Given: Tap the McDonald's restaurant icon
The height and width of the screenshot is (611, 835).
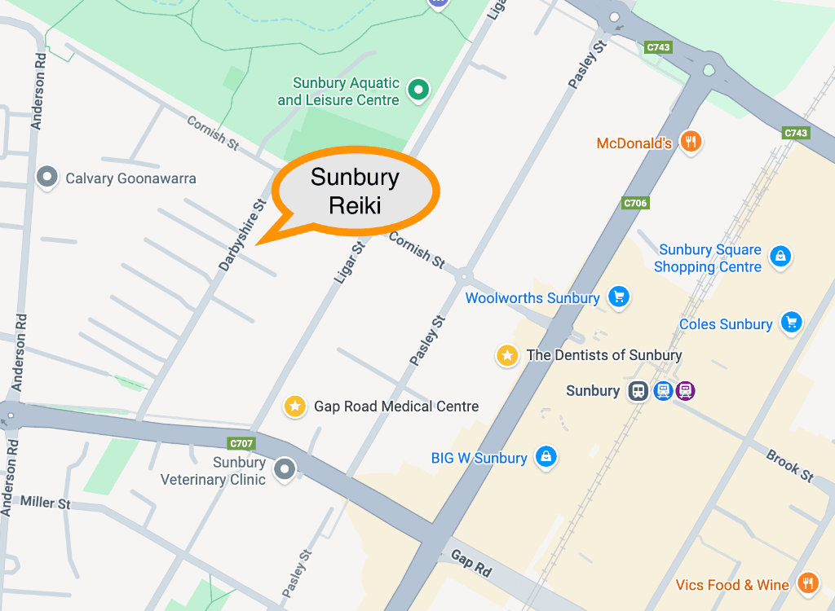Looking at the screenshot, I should click(691, 143).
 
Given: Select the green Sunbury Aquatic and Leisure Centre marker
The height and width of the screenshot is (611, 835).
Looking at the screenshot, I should click(419, 90).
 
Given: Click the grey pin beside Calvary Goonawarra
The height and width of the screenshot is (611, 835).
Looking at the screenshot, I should click(47, 177).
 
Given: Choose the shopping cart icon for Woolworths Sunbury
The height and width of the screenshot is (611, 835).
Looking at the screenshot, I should click(619, 297).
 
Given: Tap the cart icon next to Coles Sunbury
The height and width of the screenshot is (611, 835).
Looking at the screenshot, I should click(791, 323).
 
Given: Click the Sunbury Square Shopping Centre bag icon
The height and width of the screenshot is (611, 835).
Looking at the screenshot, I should click(780, 257).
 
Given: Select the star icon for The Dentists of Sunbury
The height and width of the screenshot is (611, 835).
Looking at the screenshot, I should click(507, 355).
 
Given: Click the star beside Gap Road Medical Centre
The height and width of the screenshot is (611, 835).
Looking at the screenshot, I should click(294, 406).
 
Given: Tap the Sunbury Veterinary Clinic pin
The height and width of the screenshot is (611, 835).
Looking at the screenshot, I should click(284, 468).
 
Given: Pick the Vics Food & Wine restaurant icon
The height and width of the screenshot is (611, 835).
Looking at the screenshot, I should click(807, 583).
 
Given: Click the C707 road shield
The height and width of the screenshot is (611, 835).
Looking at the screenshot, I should click(242, 444).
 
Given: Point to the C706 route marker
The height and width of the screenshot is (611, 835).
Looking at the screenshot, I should click(634, 203).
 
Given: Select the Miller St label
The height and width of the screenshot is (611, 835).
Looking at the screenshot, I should click(45, 503).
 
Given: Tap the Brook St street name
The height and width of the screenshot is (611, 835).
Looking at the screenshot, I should click(789, 465).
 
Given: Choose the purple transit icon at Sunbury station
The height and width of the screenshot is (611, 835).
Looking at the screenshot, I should click(686, 391).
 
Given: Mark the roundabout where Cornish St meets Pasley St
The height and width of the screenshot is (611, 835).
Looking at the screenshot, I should click(464, 275).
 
